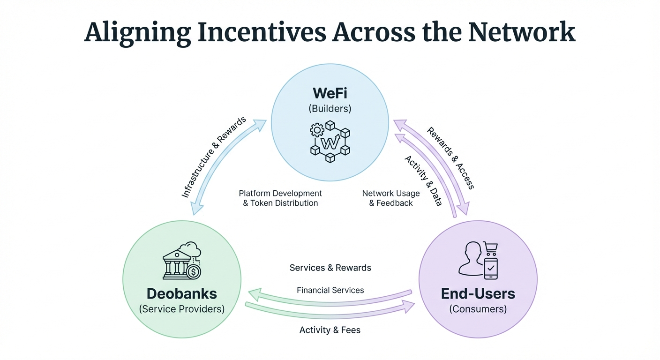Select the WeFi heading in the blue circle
(x=330, y=92)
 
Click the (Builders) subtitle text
(x=330, y=109)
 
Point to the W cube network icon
(x=330, y=139)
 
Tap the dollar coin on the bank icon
(x=193, y=271)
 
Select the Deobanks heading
(x=182, y=294)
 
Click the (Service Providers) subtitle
(x=182, y=309)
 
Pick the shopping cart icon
(x=490, y=248)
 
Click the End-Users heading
(x=478, y=294)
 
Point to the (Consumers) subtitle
(x=478, y=309)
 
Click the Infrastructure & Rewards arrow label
(x=214, y=157)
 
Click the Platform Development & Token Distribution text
(x=280, y=198)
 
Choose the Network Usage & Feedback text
(x=391, y=198)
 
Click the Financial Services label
(x=330, y=290)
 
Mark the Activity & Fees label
(x=330, y=330)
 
